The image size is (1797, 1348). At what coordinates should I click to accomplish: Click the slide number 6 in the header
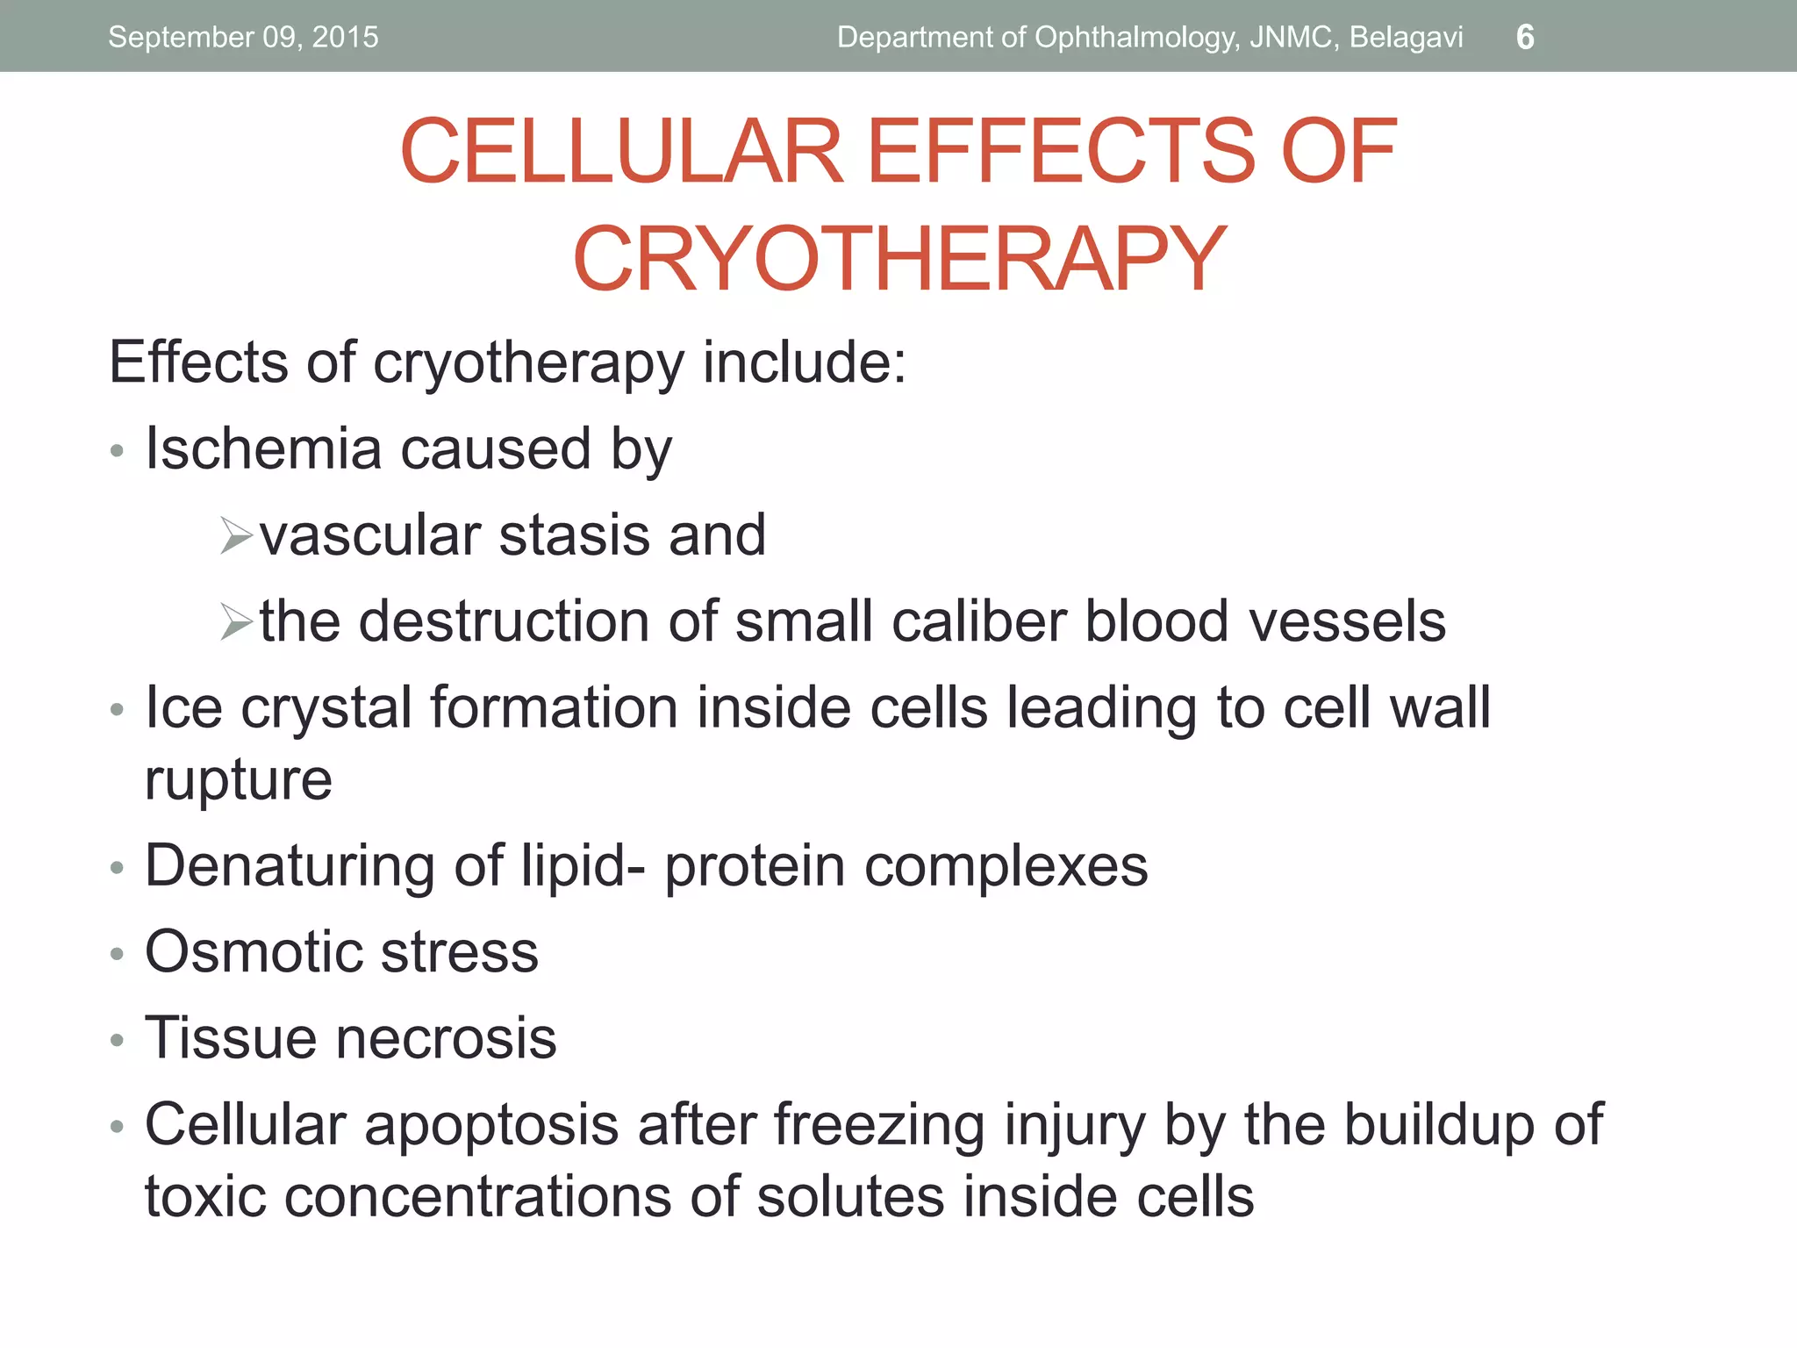pyautogui.click(x=1525, y=38)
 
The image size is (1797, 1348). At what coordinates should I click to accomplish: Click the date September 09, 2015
pyautogui.click(x=243, y=38)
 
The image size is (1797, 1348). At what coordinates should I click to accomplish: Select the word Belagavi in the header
pyautogui.click(x=1406, y=38)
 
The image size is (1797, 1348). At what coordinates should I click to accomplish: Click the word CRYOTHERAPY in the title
pyautogui.click(x=898, y=259)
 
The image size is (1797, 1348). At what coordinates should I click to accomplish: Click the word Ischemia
pyautogui.click(x=263, y=448)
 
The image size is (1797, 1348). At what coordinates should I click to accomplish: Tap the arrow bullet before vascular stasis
pyautogui.click(x=236, y=536)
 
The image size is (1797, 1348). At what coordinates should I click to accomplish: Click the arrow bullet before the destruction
pyautogui.click(x=236, y=622)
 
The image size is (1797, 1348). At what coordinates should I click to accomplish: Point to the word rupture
pyautogui.click(x=239, y=780)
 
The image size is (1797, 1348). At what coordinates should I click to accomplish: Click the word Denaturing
pyautogui.click(x=290, y=866)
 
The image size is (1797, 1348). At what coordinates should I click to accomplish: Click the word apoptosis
pyautogui.click(x=491, y=1126)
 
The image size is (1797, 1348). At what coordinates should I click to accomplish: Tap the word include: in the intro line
pyautogui.click(x=804, y=362)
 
